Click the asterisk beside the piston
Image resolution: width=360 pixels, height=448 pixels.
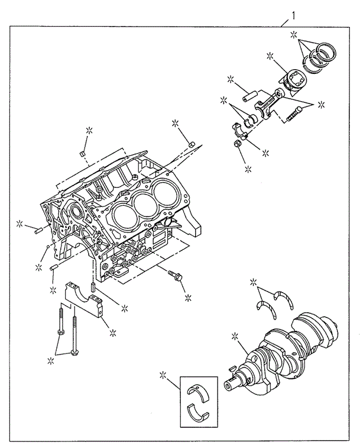[x=270, y=56]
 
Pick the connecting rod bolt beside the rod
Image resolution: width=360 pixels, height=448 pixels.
[x=294, y=112]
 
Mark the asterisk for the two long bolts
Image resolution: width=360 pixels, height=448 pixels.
[x=50, y=359]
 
